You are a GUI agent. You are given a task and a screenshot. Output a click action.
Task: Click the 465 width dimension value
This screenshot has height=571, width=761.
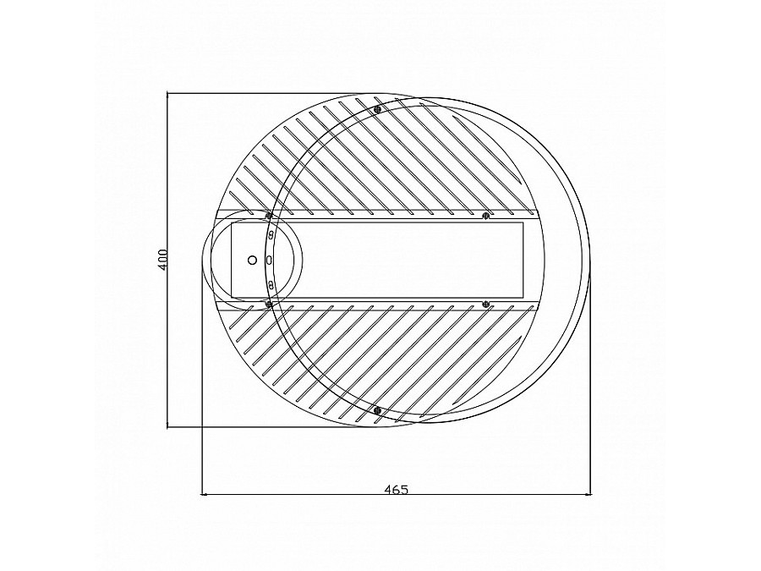(x=396, y=488)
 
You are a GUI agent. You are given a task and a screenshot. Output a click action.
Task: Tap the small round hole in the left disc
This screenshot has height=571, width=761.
(x=251, y=260)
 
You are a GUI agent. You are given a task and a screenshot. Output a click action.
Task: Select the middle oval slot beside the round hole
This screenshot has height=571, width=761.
(x=269, y=260)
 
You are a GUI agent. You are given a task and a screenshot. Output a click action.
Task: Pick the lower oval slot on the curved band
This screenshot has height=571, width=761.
(x=271, y=283)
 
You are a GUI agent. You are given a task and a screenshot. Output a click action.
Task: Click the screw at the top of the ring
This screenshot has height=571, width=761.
(x=377, y=108)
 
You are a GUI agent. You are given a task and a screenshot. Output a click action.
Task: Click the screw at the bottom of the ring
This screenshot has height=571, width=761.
(x=377, y=411)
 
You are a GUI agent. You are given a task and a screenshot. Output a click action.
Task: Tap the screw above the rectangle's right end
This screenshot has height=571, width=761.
(x=485, y=216)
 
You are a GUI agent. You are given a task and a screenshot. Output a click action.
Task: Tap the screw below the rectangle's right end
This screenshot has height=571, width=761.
(x=485, y=303)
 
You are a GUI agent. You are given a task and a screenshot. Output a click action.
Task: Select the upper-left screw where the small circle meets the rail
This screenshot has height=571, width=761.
(x=269, y=216)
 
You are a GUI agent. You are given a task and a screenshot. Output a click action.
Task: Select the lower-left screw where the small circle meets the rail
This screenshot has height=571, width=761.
(x=269, y=303)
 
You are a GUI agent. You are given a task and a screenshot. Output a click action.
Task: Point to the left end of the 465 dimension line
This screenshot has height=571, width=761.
(x=202, y=494)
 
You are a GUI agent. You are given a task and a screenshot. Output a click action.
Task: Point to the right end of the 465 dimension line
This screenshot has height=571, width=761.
(x=591, y=494)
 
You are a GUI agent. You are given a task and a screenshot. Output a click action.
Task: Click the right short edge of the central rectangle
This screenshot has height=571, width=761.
(x=523, y=260)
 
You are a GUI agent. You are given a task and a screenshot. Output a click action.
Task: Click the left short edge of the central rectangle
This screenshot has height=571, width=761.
(x=232, y=260)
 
